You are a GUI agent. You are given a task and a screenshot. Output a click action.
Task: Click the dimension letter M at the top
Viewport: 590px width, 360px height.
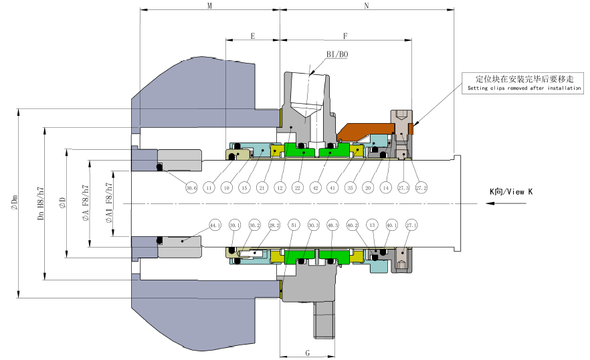pos(209,5)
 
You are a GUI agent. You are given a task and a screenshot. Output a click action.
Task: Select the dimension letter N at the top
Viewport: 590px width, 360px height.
pos(366,5)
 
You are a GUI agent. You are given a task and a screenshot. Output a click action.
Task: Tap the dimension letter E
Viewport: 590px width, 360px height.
pos(252,36)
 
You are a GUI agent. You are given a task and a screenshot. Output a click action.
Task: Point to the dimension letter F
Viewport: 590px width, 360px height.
pos(345,36)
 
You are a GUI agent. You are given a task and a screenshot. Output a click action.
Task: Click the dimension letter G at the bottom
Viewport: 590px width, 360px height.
pos(307,351)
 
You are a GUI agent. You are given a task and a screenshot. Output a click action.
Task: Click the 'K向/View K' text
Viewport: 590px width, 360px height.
pos(511,192)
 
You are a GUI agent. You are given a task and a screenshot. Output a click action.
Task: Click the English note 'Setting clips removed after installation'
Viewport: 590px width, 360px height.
pos(524,88)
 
